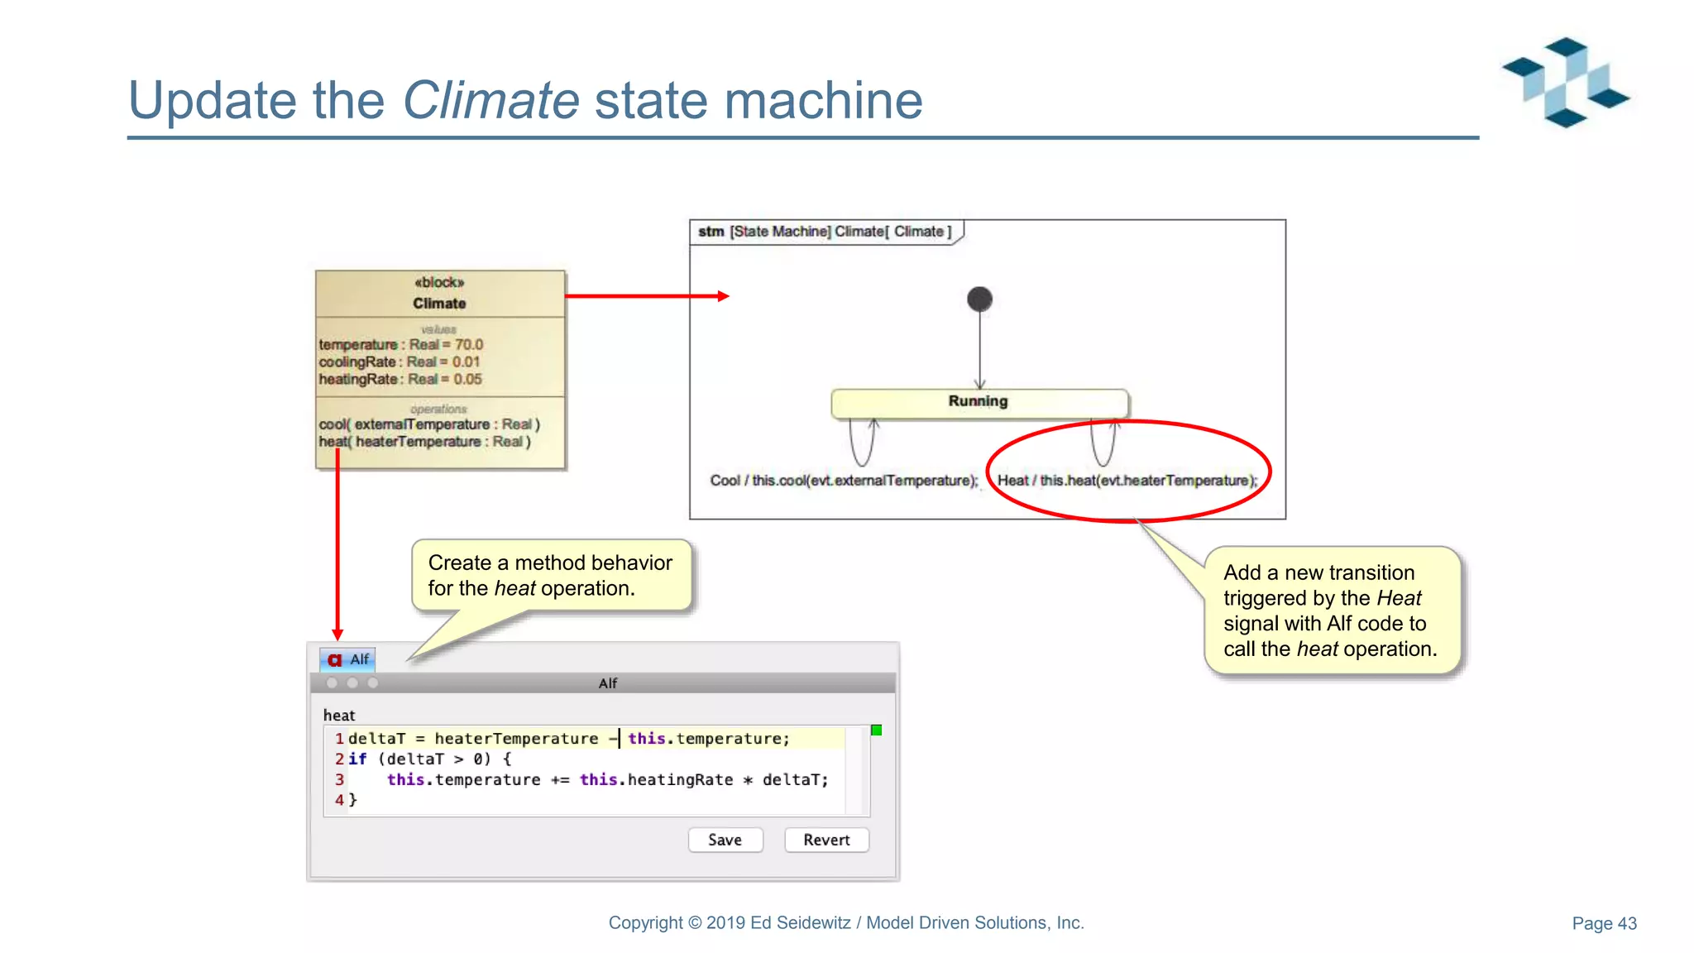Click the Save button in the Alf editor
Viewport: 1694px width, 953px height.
725,840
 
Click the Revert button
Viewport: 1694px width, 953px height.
825,840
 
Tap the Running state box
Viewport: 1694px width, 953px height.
979,403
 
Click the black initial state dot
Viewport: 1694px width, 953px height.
979,299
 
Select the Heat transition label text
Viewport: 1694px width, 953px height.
1127,481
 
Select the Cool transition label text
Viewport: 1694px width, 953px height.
844,481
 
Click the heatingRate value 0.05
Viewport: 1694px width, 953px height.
467,380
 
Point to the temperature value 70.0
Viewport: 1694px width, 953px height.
469,345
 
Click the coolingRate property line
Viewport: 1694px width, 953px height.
399,362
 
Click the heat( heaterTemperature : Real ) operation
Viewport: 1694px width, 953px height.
424,442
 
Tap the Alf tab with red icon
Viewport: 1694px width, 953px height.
348,659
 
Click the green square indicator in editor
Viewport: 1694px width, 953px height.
876,730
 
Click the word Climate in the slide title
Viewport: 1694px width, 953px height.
490,100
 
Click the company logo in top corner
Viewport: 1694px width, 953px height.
1565,83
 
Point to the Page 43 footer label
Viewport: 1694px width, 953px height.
1603,923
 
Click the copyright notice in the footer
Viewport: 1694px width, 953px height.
845,922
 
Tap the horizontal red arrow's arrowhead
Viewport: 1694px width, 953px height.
724,296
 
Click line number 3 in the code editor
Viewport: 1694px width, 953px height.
339,779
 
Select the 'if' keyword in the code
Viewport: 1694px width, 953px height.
357,759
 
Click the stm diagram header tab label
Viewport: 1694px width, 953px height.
825,232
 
